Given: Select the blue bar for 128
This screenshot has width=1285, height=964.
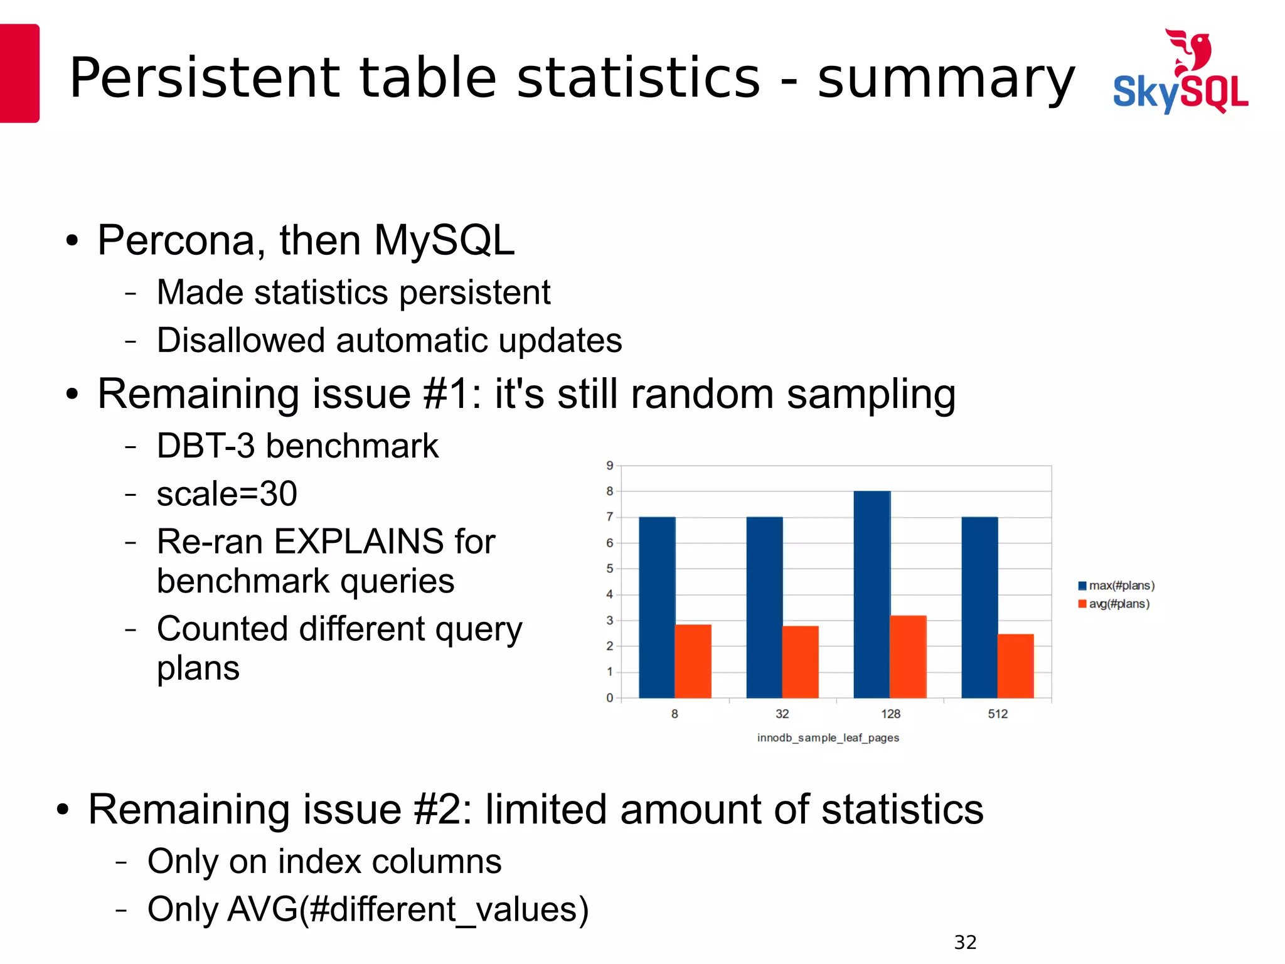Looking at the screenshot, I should coord(872,594).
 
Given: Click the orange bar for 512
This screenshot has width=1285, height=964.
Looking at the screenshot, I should coord(1015,666).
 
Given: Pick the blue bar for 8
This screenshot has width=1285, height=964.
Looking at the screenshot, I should coord(657,607).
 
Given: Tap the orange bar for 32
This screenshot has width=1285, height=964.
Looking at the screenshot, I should coord(800,661).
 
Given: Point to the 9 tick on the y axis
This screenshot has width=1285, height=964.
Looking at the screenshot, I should coord(609,466).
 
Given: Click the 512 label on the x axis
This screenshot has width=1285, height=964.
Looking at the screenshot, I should coord(998,714).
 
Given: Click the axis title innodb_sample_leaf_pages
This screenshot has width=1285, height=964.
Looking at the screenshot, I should coord(828,737).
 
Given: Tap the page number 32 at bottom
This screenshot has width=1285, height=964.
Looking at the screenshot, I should coord(965,942).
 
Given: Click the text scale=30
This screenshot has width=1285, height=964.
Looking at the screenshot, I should coord(227,493).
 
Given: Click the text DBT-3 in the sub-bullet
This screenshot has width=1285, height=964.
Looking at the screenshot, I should coord(206,446).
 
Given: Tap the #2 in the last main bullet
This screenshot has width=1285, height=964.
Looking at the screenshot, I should coord(442,809).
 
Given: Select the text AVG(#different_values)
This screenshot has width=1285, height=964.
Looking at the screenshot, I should coord(408,909).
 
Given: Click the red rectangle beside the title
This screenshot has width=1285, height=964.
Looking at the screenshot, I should coord(19,73).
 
